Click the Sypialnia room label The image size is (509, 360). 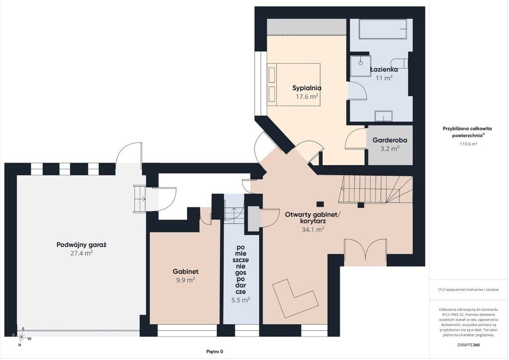[306, 88]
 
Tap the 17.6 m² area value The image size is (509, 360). [306, 96]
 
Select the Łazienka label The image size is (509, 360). [384, 70]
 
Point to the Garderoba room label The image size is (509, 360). [390, 140]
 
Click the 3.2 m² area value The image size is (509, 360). [390, 149]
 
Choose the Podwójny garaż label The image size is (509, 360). [82, 245]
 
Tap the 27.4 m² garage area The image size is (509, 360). [82, 253]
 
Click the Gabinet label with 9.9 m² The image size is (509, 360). [185, 271]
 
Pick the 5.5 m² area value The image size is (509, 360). [241, 300]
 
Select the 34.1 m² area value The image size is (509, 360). [313, 230]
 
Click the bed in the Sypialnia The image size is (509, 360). [293, 85]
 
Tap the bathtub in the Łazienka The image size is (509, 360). [383, 29]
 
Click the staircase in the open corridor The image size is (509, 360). [375, 189]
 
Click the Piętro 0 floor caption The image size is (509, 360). [215, 351]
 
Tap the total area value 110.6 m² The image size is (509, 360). [468, 144]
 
